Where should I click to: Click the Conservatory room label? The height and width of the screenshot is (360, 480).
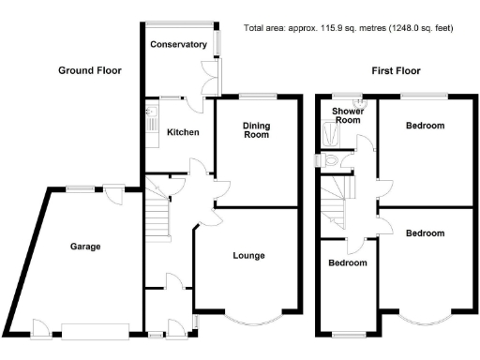click(x=178, y=45)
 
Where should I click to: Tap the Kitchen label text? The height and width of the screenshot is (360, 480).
click(x=183, y=132)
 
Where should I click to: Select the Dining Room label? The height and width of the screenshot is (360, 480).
click(x=257, y=129)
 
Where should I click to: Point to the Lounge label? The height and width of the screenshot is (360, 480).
click(x=248, y=255)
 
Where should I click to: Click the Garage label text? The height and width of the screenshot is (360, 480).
click(x=85, y=247)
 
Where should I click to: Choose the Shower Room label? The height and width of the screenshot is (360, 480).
click(x=348, y=114)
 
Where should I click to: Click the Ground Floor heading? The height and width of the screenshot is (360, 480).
click(x=90, y=70)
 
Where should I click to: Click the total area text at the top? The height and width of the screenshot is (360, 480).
click(x=348, y=28)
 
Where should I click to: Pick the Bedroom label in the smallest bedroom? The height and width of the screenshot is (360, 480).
click(x=347, y=263)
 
